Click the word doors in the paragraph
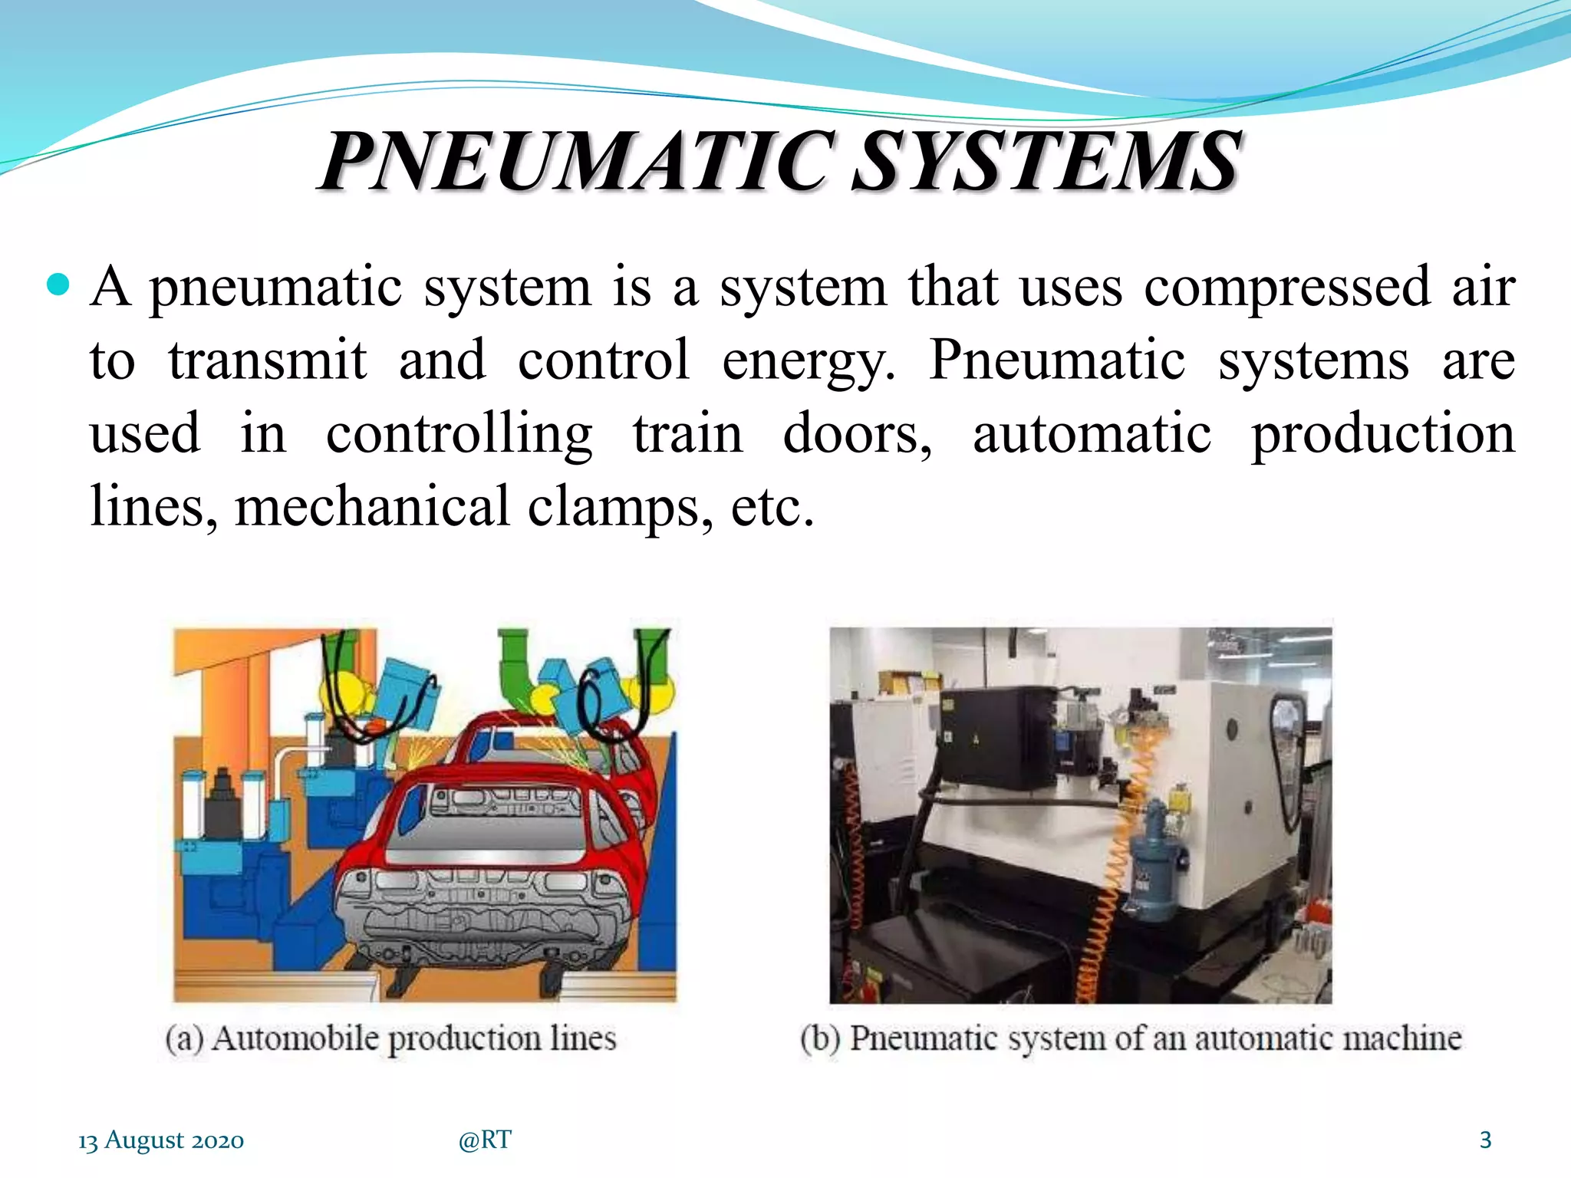[x=857, y=434]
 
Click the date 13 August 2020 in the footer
[x=161, y=1140]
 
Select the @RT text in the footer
[x=485, y=1140]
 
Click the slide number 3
[x=1485, y=1140]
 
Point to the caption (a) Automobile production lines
[x=391, y=1038]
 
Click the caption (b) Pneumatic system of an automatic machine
[x=1131, y=1038]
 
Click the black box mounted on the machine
[x=997, y=736]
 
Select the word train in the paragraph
[x=687, y=434]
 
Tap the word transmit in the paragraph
[x=268, y=360]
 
